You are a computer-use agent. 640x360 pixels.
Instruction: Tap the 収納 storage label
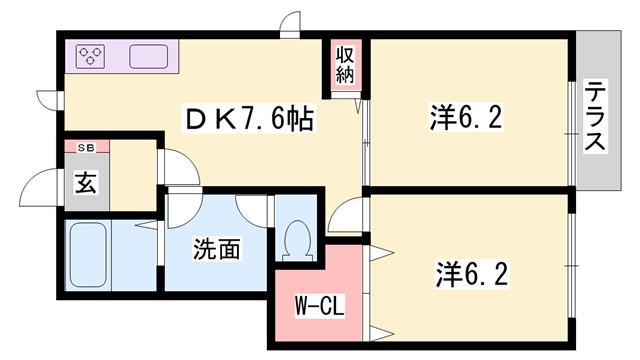tap(345, 63)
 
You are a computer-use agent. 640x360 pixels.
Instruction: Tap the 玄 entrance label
tap(86, 184)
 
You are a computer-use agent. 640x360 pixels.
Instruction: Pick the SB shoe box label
tap(86, 147)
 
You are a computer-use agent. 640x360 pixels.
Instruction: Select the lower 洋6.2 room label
tap(468, 271)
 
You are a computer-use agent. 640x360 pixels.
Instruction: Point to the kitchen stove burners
tap(91, 56)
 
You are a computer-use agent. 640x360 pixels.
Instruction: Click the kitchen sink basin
tap(148, 56)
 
